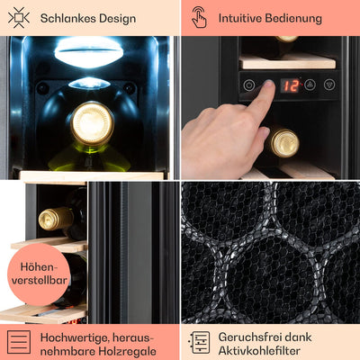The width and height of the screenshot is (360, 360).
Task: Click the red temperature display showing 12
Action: pos(289,85)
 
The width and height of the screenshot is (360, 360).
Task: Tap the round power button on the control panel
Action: pos(248,85)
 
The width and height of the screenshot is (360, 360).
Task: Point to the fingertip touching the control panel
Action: pos(262,91)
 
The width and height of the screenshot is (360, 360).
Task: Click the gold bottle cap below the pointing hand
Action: pos(284,141)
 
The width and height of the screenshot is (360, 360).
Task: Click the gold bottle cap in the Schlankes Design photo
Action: pos(92,123)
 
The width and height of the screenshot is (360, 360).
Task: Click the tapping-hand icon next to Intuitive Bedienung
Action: pos(199,17)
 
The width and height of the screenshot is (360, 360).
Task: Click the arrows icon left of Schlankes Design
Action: pos(18,17)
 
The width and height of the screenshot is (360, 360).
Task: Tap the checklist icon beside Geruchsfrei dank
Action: pos(199,341)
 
